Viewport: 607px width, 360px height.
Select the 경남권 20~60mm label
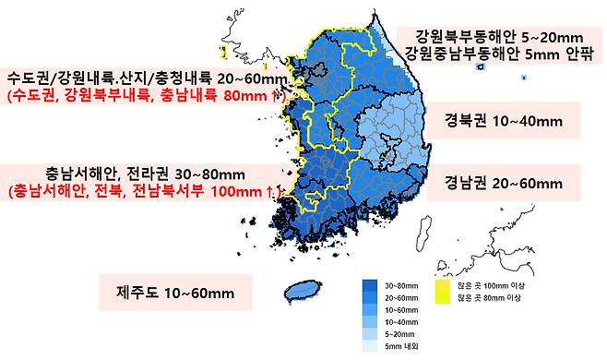(x=503, y=183)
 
